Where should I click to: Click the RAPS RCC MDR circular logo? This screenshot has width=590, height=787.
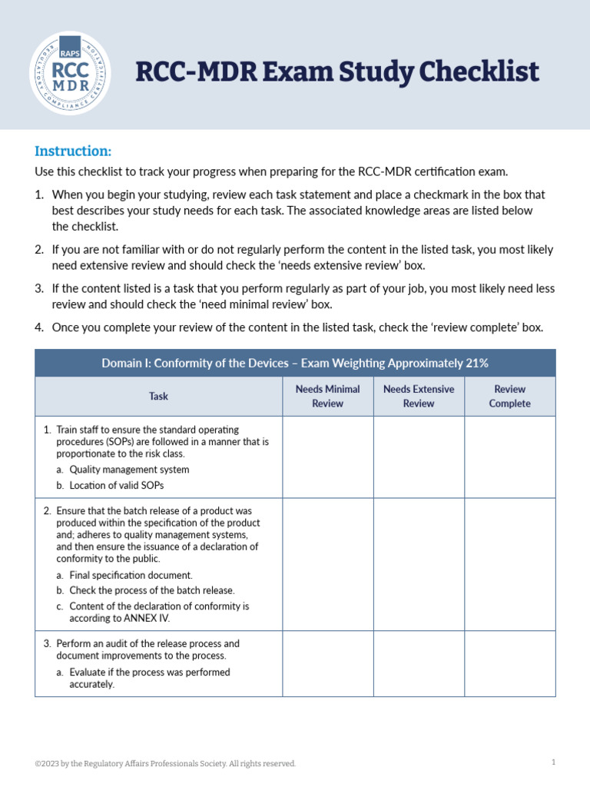(x=69, y=73)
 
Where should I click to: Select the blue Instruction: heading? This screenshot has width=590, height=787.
(x=73, y=151)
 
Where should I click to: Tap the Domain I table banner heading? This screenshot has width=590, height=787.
(x=295, y=363)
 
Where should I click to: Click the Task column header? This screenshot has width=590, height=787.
(x=158, y=397)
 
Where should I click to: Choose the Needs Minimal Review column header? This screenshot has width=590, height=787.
(x=327, y=397)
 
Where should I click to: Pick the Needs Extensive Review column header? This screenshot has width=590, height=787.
(x=419, y=397)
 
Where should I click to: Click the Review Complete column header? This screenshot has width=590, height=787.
(x=509, y=397)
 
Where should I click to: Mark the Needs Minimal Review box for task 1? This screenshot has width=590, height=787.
(x=327, y=457)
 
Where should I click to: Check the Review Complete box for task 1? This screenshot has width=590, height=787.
(x=509, y=457)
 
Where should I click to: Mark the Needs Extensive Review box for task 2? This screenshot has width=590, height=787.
(x=419, y=563)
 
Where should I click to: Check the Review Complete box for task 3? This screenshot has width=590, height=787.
(x=509, y=663)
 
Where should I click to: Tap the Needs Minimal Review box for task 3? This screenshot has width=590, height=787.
(x=327, y=663)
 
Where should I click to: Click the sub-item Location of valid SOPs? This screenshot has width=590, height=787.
(x=116, y=486)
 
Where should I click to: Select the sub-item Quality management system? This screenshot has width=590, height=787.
(x=129, y=470)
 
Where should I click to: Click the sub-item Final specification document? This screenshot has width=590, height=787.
(x=131, y=575)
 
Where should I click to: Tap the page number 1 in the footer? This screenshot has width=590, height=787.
(x=553, y=762)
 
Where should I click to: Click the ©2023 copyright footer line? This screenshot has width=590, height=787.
(x=165, y=763)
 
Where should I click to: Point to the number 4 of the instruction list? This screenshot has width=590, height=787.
(x=39, y=327)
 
